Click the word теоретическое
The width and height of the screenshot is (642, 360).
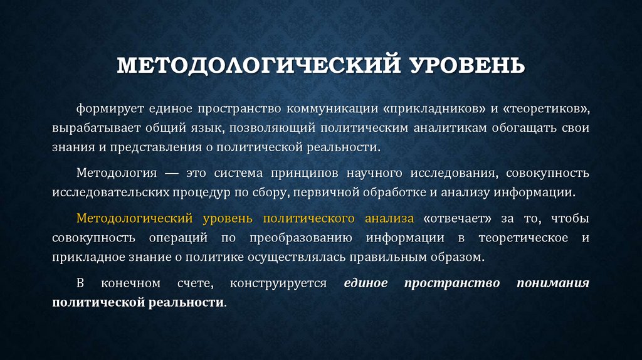pos(523,238)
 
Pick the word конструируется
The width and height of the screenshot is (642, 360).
pos(278,283)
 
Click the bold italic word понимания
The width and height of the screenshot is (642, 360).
pos(552,283)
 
